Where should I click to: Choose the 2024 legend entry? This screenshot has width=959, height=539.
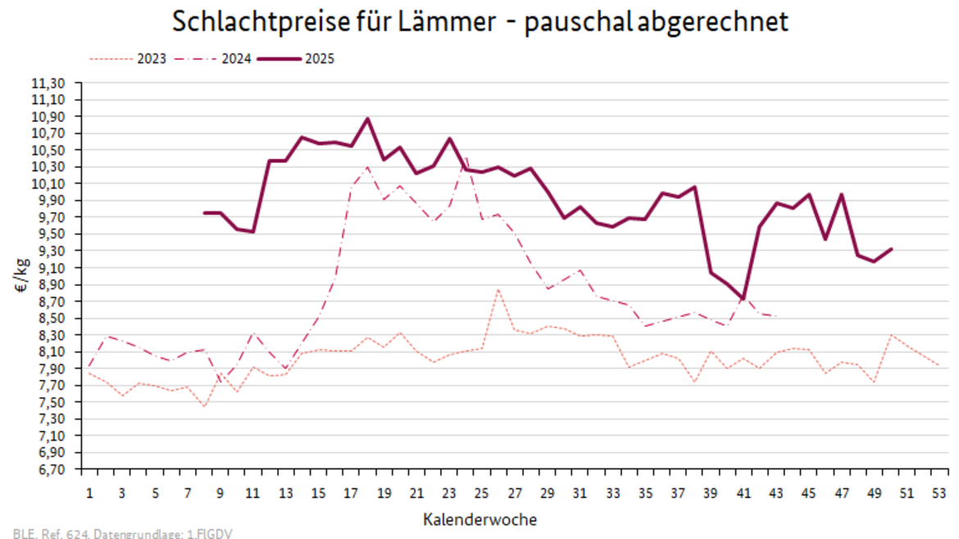pos(237,59)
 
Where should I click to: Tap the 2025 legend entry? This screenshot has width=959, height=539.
pos(319,59)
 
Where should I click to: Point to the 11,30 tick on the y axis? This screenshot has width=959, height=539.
pos(48,83)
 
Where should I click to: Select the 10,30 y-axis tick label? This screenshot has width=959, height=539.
pos(48,167)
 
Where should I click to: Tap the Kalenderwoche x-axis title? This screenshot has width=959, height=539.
pos(480,519)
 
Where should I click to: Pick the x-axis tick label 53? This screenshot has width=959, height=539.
pos(940,494)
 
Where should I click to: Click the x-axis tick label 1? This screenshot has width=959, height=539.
pos(89,494)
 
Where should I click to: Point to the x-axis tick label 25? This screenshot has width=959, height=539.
pos(482,494)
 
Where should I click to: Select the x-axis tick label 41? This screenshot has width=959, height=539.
pos(743,494)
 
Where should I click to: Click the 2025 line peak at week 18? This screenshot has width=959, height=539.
pos(367,119)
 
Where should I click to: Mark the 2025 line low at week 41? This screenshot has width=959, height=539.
pos(743,299)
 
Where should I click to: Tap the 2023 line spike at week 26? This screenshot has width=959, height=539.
pos(498,289)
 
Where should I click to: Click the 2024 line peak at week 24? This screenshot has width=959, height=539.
pos(466,158)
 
